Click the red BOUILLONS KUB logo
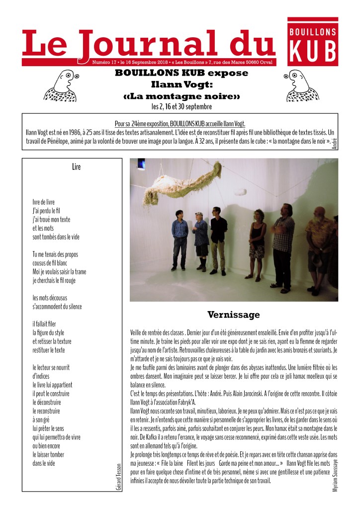[313, 42]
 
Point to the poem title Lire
[76, 167]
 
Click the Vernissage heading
[233, 315]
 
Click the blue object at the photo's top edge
[141, 163]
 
